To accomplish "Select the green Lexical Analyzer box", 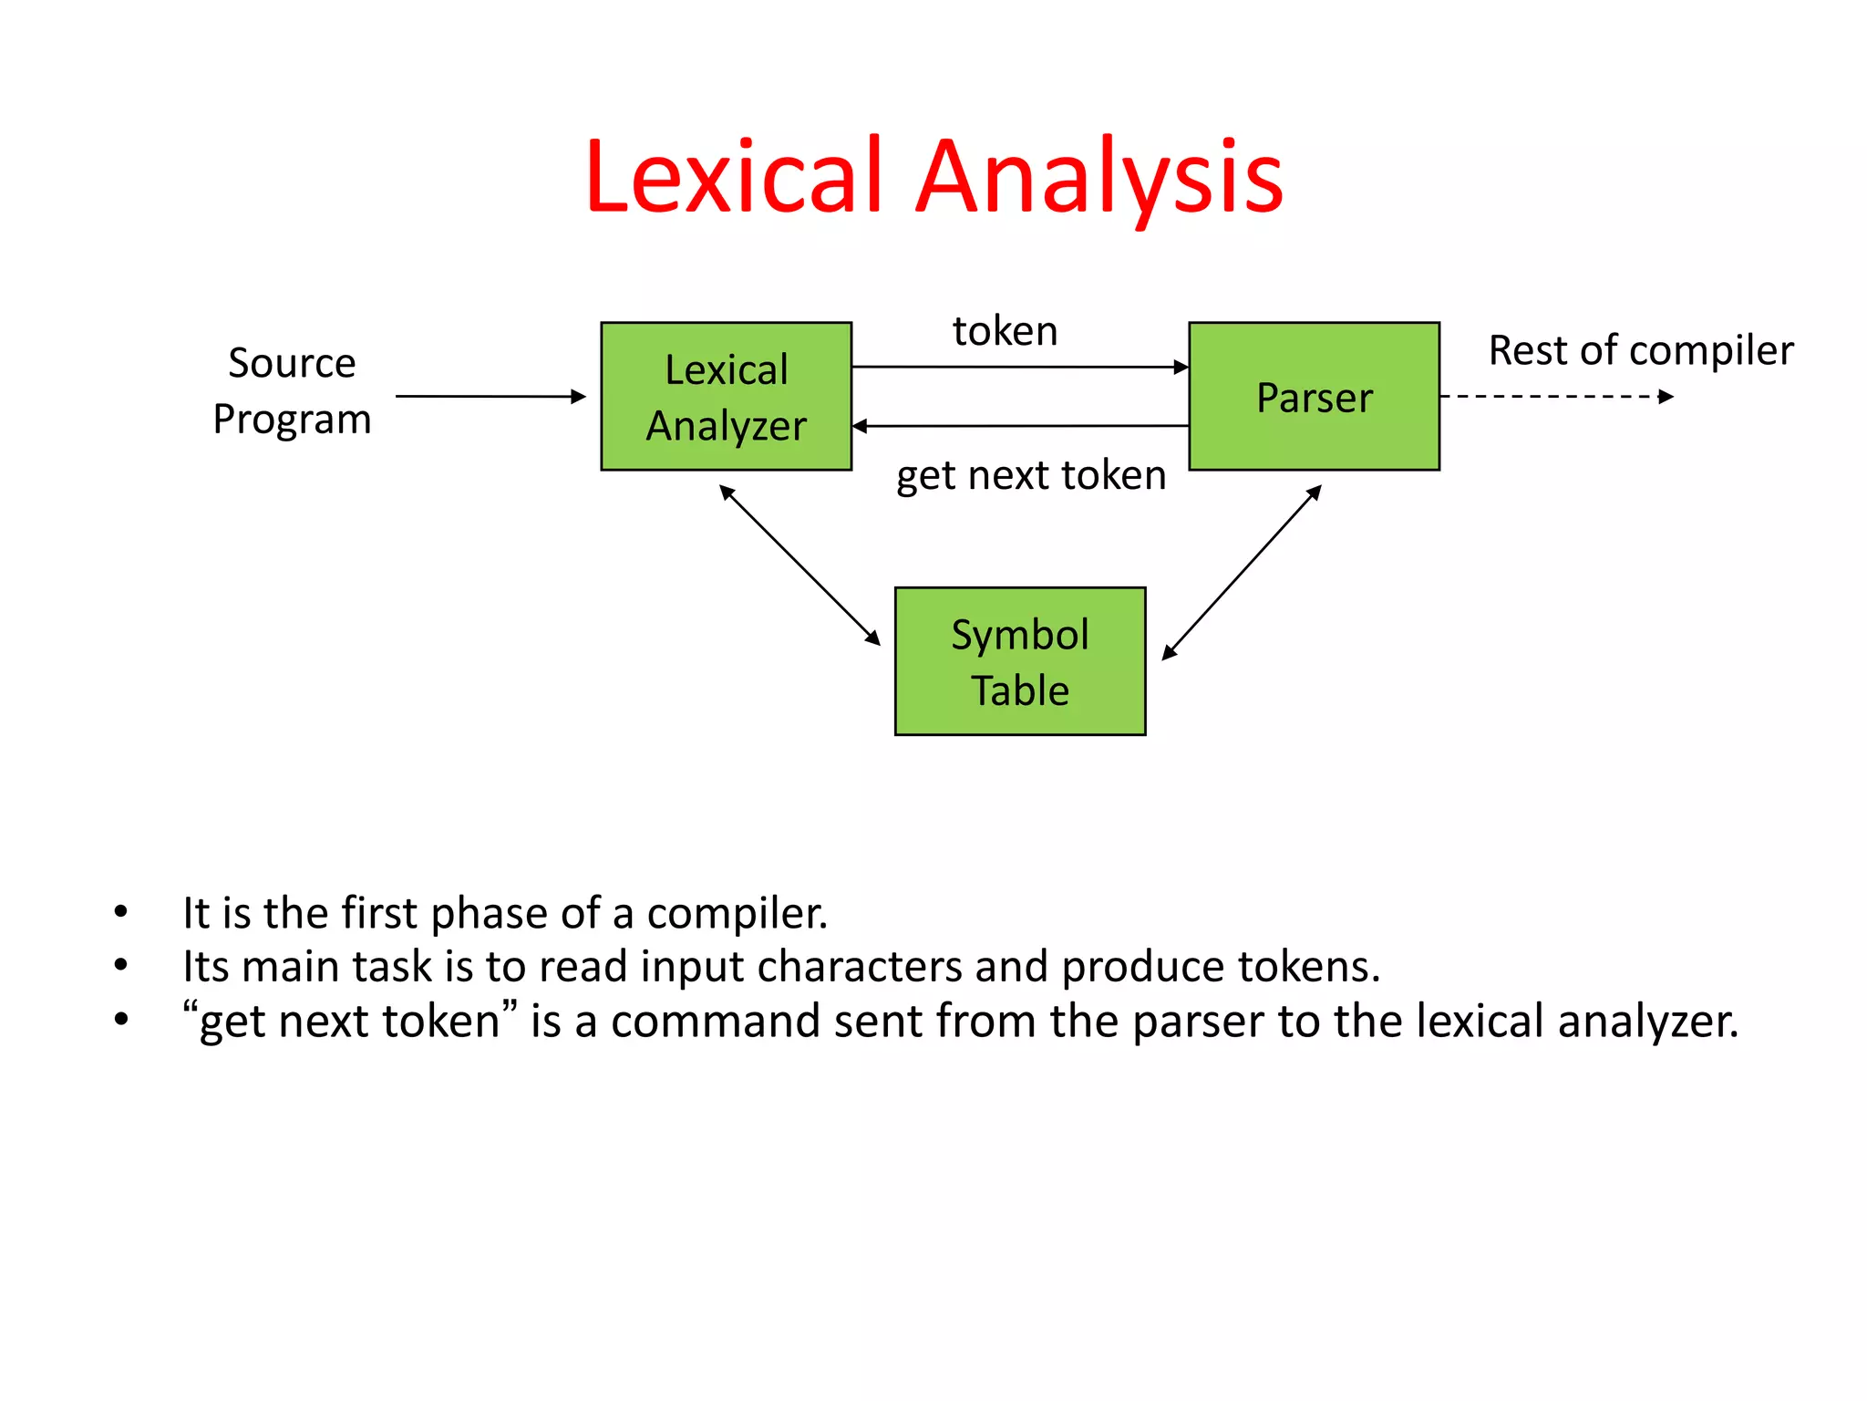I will click(x=726, y=396).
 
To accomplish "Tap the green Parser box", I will click(x=1314, y=396).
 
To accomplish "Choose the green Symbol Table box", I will click(x=1019, y=661).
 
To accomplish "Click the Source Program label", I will click(x=292, y=390).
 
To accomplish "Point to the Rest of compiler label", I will click(x=1640, y=350).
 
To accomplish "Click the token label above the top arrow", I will click(x=1005, y=330).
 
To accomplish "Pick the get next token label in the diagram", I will click(x=1030, y=475).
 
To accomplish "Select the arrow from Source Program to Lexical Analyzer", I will click(x=490, y=396).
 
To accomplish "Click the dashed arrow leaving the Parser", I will click(x=1555, y=396).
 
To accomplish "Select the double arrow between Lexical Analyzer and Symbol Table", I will click(x=799, y=565).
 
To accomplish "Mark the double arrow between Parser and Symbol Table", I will click(x=1242, y=571).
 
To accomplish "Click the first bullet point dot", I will click(x=121, y=911).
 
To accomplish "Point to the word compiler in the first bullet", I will click(x=737, y=913).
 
